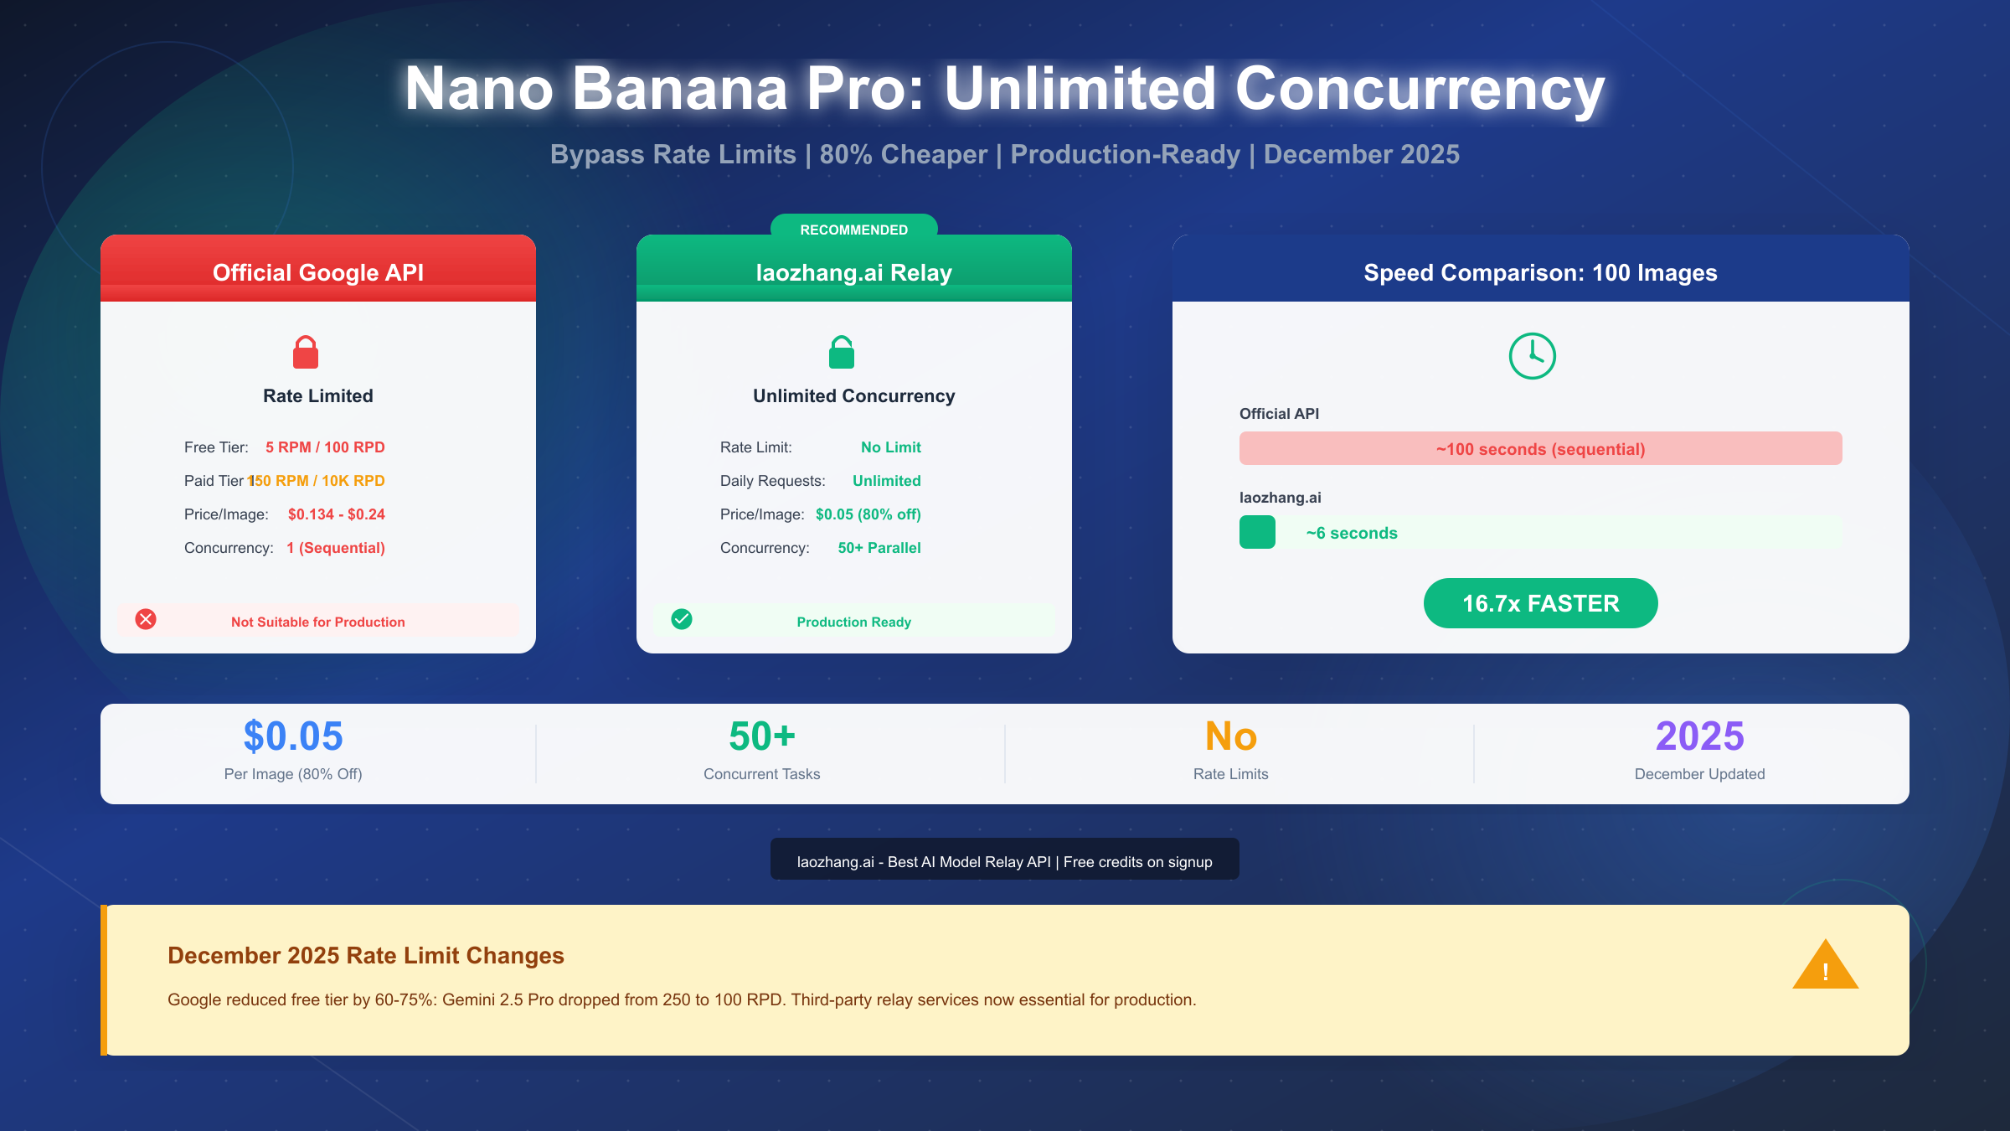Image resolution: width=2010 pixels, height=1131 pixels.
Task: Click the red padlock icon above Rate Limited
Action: click(306, 353)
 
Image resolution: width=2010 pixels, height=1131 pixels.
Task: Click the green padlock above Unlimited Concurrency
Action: click(842, 353)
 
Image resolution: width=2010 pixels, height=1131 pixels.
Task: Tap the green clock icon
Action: click(1532, 356)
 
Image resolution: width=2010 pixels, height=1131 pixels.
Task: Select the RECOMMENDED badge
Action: click(853, 229)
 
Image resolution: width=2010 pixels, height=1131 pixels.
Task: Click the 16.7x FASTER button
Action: click(1540, 603)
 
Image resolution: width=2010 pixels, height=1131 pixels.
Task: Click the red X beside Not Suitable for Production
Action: click(146, 619)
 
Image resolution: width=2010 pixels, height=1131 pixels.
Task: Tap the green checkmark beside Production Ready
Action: click(682, 619)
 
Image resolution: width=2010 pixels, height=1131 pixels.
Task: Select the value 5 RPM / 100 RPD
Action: click(325, 447)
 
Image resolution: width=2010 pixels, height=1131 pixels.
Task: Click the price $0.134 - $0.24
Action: click(336, 514)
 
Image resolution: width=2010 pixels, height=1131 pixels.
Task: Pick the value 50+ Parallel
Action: click(879, 548)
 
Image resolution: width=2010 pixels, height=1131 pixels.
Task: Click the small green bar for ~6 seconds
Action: click(1257, 532)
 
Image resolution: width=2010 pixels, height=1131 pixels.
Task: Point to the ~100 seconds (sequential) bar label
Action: click(1540, 449)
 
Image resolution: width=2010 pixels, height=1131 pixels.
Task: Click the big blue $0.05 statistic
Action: click(293, 736)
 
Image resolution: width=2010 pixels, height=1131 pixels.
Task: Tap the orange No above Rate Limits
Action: click(1230, 736)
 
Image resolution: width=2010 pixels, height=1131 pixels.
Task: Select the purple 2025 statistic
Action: click(1699, 736)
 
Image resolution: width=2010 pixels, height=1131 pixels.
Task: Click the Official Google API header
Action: click(318, 272)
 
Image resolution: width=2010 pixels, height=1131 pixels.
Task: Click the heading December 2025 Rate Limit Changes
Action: click(366, 955)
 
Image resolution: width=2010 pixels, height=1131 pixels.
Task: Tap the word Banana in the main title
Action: click(679, 89)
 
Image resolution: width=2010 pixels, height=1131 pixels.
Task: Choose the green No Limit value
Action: click(890, 447)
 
